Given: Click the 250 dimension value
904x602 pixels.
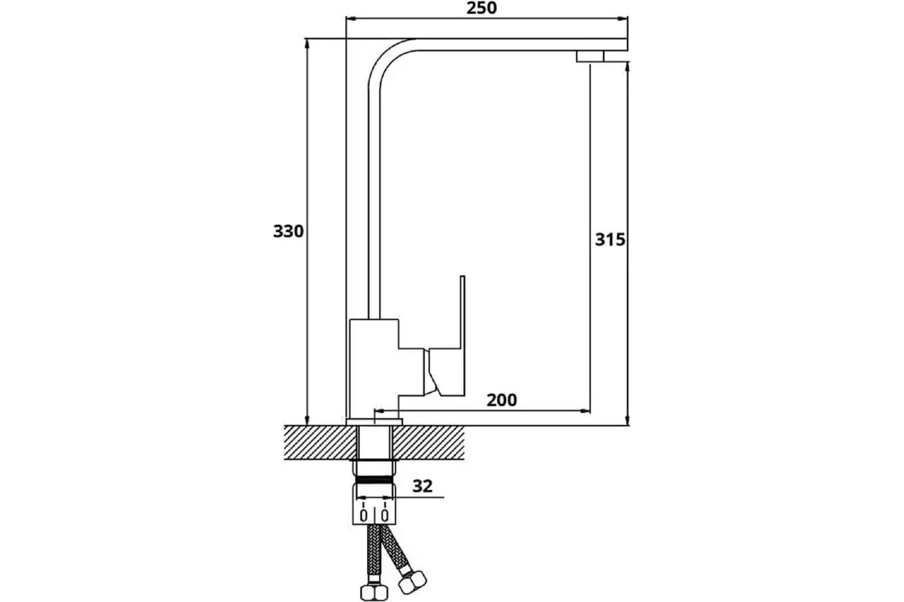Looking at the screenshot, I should [482, 8].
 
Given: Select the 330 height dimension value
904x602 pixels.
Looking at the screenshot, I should [288, 231].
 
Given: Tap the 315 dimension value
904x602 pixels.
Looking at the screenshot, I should [609, 240].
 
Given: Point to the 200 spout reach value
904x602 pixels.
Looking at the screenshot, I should [502, 400].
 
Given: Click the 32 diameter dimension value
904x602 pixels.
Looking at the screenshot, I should [423, 486].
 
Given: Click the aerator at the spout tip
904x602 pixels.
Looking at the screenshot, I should [591, 56].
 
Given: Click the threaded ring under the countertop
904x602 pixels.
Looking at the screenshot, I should [374, 479].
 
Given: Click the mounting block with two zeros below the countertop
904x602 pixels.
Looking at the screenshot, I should [374, 509].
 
